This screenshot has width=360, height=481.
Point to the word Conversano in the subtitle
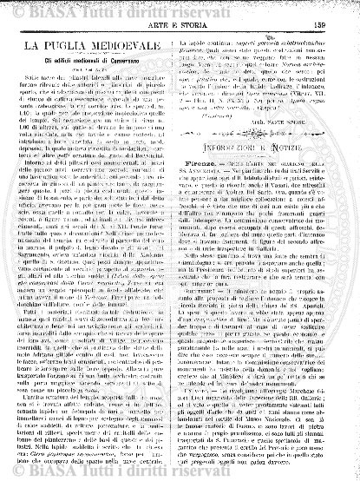135,63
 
